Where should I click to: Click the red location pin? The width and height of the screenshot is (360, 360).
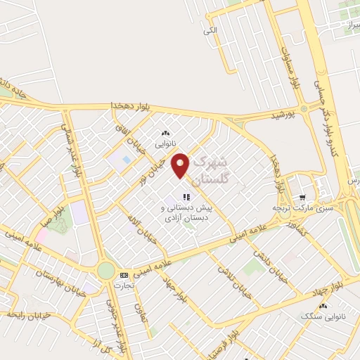coord(181,164)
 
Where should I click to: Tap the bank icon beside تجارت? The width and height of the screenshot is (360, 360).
coord(124,275)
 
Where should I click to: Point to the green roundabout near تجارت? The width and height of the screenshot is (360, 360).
coord(106,269)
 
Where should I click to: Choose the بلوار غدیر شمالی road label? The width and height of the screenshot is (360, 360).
coord(72,148)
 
